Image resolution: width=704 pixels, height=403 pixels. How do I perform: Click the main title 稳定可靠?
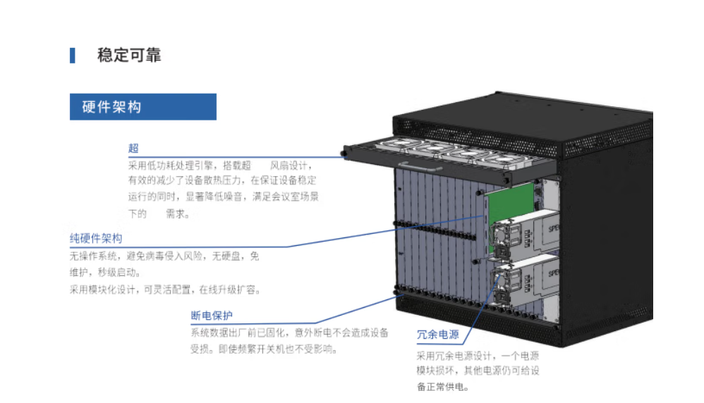[129, 55]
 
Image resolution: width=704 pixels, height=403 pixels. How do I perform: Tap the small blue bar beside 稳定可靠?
[72, 56]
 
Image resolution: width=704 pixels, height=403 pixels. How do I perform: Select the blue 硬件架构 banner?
[142, 106]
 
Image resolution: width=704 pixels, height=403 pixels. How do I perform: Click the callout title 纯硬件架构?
[96, 238]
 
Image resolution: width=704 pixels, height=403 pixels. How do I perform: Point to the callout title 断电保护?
[212, 315]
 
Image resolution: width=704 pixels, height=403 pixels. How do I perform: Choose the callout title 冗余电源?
[437, 334]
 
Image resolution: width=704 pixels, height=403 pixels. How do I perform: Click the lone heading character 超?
[133, 148]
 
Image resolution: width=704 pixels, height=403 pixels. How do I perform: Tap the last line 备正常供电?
[442, 387]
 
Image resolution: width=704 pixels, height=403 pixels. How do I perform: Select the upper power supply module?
[526, 232]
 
